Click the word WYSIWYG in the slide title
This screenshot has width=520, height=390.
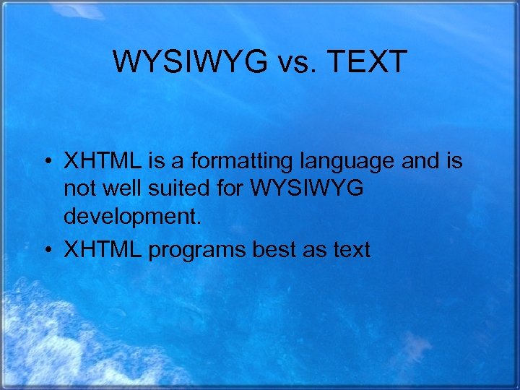pyautogui.click(x=190, y=63)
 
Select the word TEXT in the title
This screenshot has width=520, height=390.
pyautogui.click(x=368, y=63)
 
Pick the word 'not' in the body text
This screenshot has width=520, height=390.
pyautogui.click(x=79, y=189)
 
